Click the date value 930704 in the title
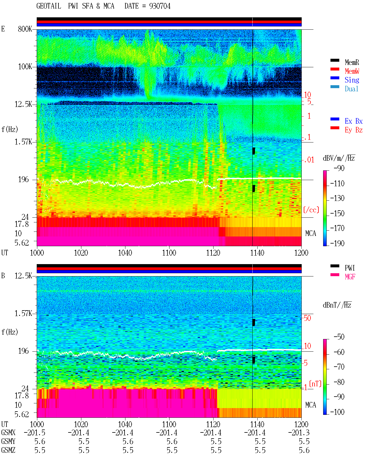(x=160, y=6)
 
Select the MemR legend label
(x=352, y=62)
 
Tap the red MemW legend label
(x=352, y=71)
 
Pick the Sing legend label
(x=352, y=80)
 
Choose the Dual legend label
(x=351, y=89)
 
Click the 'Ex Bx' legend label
(x=353, y=121)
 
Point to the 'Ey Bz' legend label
(x=353, y=130)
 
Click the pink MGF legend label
(x=350, y=277)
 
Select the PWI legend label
(x=350, y=268)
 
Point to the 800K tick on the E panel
(x=25, y=29)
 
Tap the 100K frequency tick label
(x=25, y=67)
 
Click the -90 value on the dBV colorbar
(x=339, y=168)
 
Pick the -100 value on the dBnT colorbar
(x=337, y=412)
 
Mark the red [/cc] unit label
(x=311, y=210)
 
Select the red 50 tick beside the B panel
(x=307, y=318)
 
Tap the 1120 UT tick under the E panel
(x=213, y=253)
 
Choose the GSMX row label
(x=8, y=432)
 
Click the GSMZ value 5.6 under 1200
(x=304, y=450)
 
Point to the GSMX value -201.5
(x=35, y=432)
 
